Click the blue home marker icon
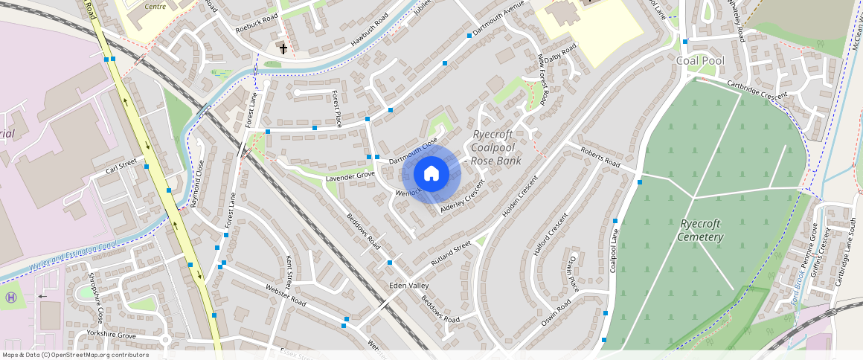(x=431, y=174)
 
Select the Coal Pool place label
(x=699, y=60)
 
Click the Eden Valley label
(x=409, y=286)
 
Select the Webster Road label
(x=286, y=293)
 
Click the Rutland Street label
(x=451, y=254)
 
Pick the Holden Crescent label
(x=519, y=197)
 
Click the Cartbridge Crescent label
(x=757, y=92)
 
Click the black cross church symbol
(x=283, y=49)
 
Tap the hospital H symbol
(x=11, y=298)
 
